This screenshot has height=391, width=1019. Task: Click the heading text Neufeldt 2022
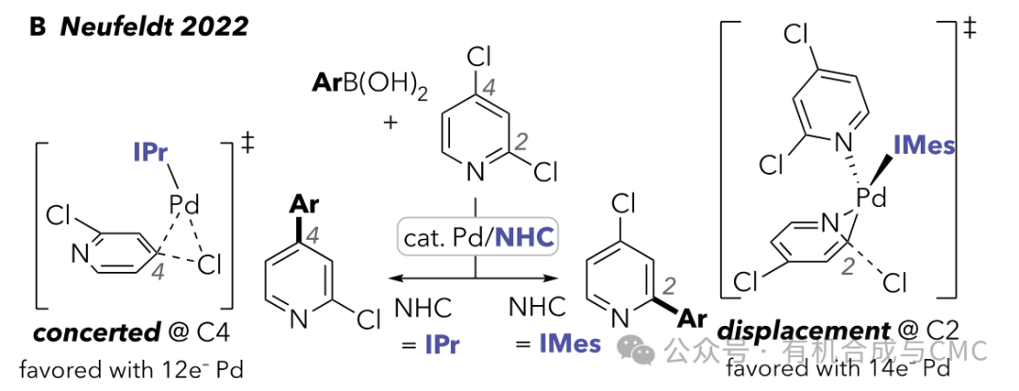[x=153, y=25]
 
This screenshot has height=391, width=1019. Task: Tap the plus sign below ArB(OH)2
[x=391, y=123]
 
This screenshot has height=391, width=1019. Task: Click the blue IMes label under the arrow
[x=569, y=344]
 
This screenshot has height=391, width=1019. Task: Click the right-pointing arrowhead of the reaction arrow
[x=558, y=278]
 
